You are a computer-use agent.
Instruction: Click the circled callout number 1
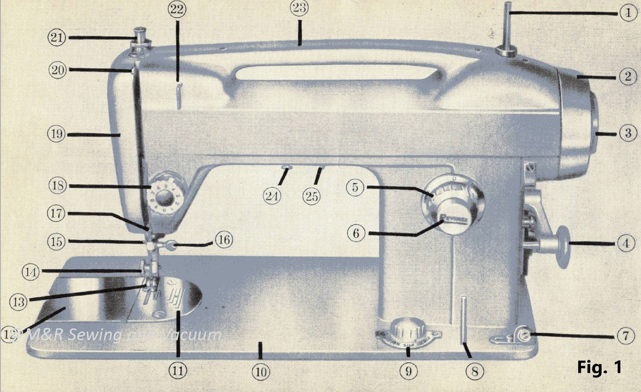(628, 13)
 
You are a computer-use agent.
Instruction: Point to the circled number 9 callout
(408, 372)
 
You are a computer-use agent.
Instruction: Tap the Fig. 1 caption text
(599, 367)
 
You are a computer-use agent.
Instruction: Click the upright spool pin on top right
(507, 30)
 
